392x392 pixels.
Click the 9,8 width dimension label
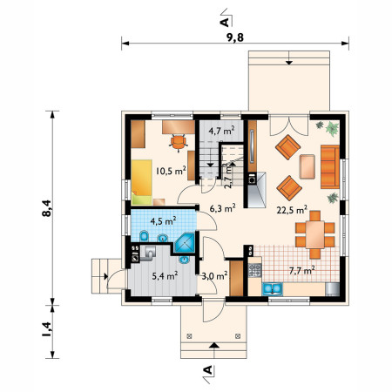point(235,37)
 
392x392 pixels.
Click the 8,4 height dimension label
point(47,208)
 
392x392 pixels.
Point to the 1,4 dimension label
point(47,329)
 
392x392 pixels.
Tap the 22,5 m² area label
point(292,209)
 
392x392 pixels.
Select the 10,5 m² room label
point(171,171)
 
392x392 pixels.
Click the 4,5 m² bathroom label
point(163,221)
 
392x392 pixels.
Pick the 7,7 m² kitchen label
point(302,270)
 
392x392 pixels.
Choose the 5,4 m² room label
point(165,275)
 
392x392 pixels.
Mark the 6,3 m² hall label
point(222,208)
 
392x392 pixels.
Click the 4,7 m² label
point(221,131)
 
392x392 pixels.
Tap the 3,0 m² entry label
point(214,275)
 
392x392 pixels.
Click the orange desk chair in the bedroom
point(178,142)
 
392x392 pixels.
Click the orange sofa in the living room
point(330,166)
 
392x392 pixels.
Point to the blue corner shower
point(184,243)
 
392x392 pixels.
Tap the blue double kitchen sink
point(273,289)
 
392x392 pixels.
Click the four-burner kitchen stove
point(254,270)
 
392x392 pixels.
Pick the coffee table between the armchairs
point(308,166)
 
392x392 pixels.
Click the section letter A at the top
point(225,22)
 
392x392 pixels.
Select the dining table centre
point(315,234)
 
